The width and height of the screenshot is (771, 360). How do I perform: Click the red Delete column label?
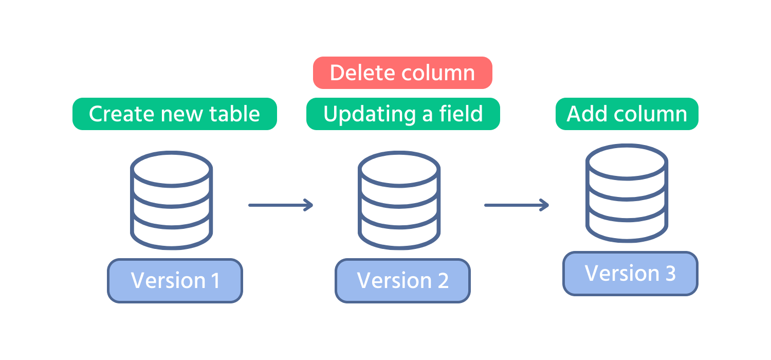[x=402, y=73]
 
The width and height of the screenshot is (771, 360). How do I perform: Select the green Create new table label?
[x=174, y=114]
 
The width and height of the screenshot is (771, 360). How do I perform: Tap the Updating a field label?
[x=403, y=114]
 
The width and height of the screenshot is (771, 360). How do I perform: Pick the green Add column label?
[x=627, y=114]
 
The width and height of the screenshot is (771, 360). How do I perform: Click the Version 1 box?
[x=175, y=280]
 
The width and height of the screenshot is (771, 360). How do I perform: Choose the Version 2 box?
[x=402, y=280]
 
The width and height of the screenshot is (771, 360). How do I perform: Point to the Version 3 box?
[x=630, y=273]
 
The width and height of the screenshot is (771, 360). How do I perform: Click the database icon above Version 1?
[x=171, y=201]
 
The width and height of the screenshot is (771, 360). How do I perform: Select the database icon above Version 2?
[x=399, y=201]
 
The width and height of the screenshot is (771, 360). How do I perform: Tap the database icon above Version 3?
[x=627, y=193]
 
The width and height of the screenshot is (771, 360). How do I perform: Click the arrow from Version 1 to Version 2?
[x=281, y=205]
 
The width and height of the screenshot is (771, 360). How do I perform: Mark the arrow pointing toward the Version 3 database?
[x=517, y=205]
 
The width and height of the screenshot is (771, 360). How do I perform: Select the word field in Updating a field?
[x=460, y=114]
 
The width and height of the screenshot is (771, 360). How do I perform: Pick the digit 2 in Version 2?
[x=443, y=280]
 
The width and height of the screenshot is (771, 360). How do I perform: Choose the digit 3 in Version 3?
[x=670, y=273]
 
